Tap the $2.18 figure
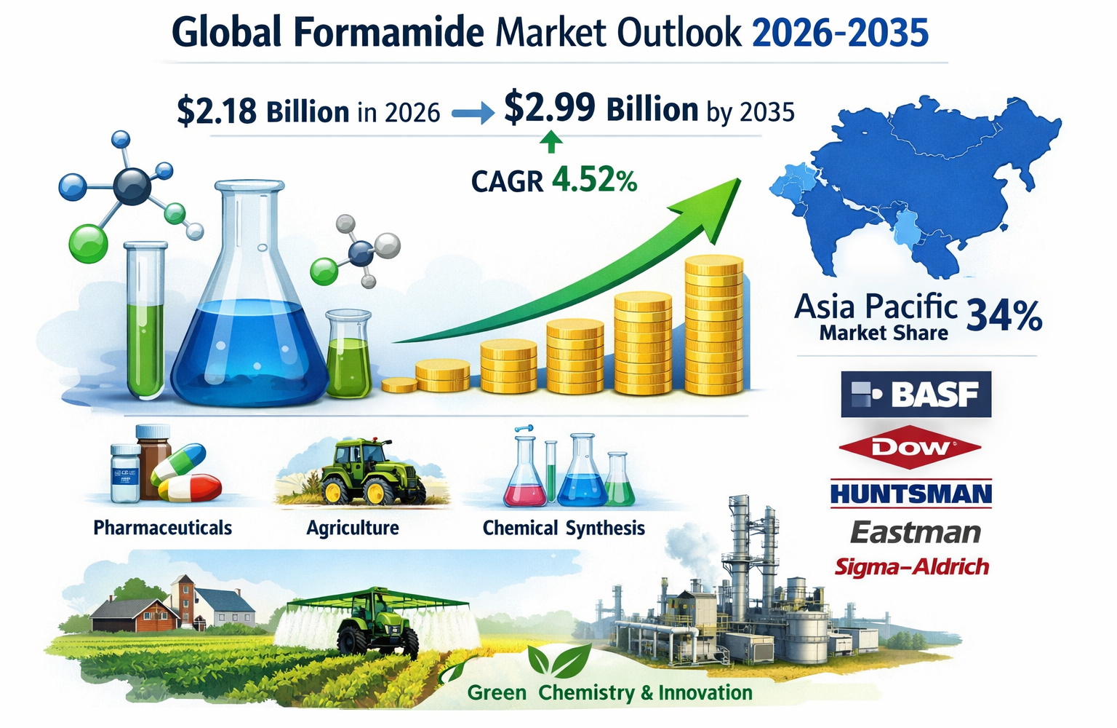tap(216, 111)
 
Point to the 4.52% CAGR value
tap(594, 180)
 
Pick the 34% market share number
tap(1004, 317)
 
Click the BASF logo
tap(916, 394)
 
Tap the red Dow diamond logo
tap(910, 447)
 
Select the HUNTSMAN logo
tap(910, 494)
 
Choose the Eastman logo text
tap(915, 533)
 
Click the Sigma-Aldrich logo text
tap(911, 566)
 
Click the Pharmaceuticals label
tap(162, 528)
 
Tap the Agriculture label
tap(353, 528)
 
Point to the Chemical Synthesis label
tap(564, 528)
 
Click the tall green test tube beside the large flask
tap(146, 320)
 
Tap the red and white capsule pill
tap(191, 488)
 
